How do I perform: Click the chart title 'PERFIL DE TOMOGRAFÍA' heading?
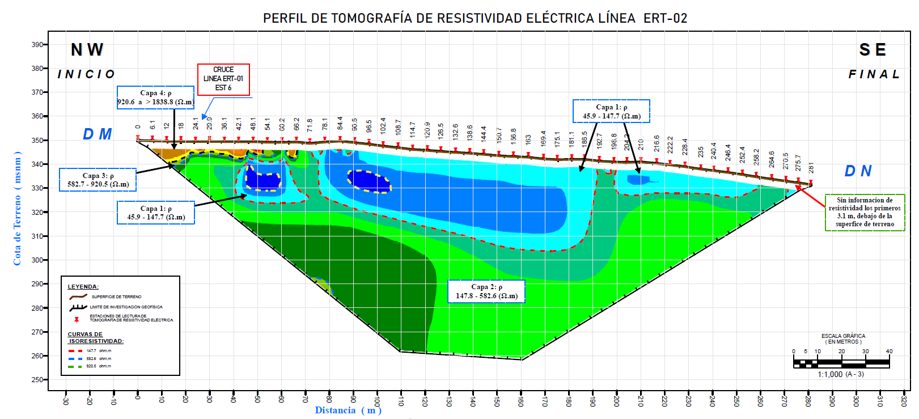click(475, 18)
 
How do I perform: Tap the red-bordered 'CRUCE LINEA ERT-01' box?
click(223, 79)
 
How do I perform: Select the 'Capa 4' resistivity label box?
click(156, 98)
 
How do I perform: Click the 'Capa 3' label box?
click(98, 180)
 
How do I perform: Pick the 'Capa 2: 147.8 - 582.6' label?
click(486, 291)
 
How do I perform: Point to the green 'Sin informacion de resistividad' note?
click(865, 212)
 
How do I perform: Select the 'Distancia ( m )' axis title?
click(348, 410)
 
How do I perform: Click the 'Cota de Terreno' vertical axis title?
click(18, 208)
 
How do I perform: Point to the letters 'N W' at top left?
click(87, 50)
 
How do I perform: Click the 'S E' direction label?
click(873, 50)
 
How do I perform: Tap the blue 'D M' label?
click(98, 134)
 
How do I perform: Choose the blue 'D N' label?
click(858, 171)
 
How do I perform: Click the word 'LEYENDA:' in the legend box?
click(83, 287)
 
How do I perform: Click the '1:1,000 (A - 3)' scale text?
click(841, 374)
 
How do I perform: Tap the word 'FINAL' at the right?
click(874, 74)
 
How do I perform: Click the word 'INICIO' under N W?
click(86, 74)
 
